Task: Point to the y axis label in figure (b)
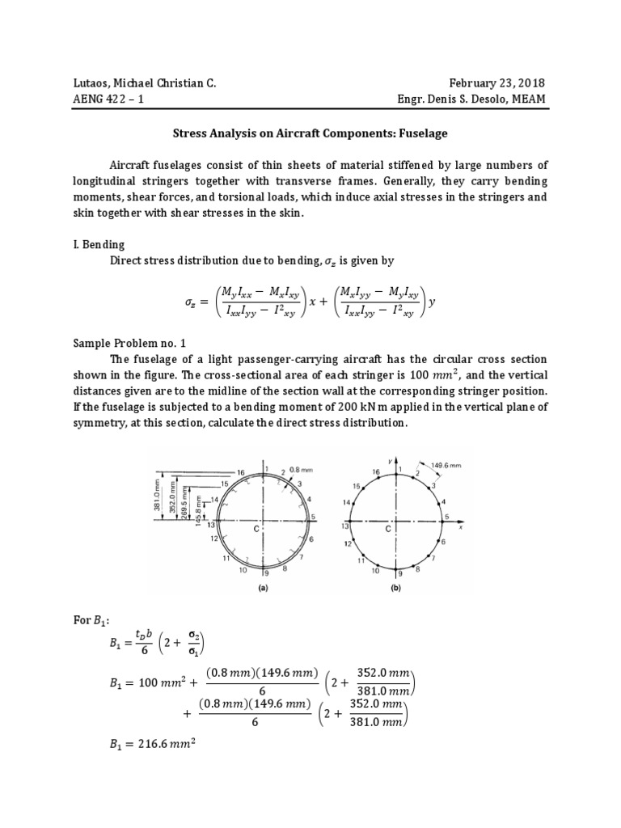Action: point(390,460)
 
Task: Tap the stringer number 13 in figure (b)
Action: point(344,525)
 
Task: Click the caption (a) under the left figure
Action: point(262,589)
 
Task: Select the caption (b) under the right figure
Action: point(395,589)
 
